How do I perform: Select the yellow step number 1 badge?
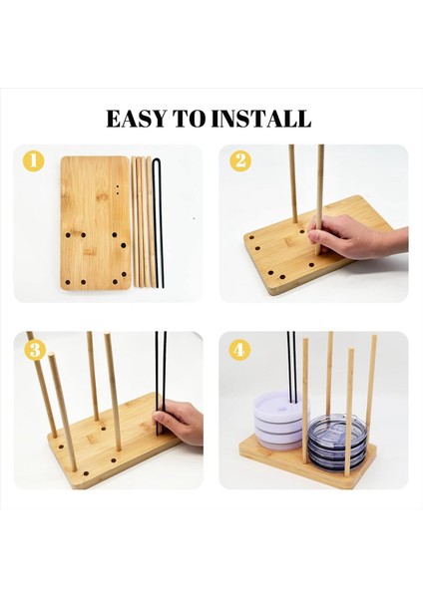(x=35, y=160)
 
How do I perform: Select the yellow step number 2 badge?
(x=240, y=160)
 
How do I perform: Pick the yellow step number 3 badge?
(x=35, y=348)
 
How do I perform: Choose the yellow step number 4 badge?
(x=240, y=348)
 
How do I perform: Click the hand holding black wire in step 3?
(x=180, y=424)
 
